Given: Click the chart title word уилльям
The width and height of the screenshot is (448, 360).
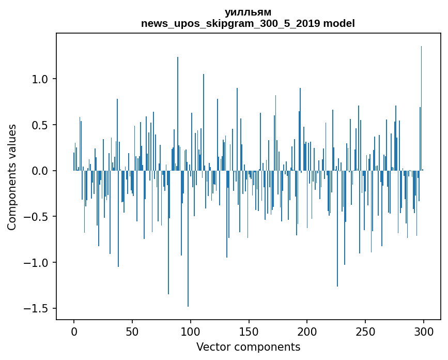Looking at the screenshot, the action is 248,12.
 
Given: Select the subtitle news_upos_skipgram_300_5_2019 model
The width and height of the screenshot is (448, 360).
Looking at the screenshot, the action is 248,23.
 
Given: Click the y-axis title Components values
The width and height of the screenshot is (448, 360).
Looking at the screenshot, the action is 12,177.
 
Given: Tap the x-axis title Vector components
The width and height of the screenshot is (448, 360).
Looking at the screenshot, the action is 248,347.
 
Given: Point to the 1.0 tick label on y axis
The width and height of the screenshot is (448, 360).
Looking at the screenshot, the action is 40,79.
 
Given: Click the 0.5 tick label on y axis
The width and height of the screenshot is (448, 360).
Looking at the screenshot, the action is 40,125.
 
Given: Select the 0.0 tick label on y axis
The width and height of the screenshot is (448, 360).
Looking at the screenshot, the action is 40,171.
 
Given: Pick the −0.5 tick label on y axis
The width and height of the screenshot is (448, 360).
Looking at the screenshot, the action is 36,217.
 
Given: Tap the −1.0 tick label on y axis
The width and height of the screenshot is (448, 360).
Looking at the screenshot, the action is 36,263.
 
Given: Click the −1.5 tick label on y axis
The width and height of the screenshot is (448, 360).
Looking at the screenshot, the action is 36,308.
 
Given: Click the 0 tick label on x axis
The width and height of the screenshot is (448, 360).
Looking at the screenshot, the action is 74,332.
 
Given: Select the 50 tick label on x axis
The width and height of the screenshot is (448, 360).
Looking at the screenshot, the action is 132,332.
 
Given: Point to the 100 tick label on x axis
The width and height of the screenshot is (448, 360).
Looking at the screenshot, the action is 190,332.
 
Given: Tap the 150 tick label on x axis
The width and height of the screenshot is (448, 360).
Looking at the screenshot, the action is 249,332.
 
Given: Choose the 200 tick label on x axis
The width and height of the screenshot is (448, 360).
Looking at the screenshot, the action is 307,332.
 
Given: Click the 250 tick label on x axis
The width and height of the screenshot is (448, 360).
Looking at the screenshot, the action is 365,332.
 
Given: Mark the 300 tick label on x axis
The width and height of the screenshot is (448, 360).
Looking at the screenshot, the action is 423,332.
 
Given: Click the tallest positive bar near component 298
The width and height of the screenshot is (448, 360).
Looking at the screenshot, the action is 421,109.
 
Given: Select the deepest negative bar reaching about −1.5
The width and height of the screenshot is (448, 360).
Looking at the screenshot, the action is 188,238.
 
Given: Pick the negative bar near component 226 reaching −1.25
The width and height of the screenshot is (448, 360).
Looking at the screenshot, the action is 337,229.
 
